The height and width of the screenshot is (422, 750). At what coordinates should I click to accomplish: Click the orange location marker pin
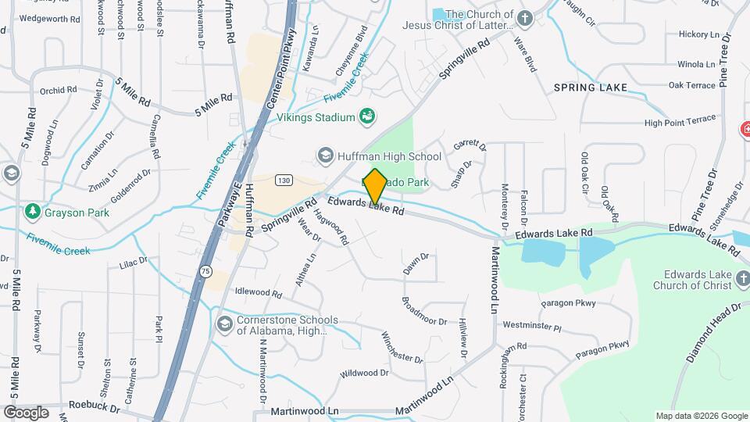pyautogui.click(x=375, y=186)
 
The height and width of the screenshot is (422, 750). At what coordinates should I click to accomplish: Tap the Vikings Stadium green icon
pyautogui.click(x=367, y=117)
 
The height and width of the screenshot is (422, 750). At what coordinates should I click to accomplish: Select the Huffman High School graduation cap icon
pyautogui.click(x=325, y=156)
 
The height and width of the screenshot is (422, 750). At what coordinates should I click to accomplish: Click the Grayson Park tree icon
pyautogui.click(x=32, y=212)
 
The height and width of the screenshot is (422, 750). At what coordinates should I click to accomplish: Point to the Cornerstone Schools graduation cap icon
pyautogui.click(x=224, y=324)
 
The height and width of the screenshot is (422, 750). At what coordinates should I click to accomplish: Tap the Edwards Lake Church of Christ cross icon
pyautogui.click(x=741, y=279)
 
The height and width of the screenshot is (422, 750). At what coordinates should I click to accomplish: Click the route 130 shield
pyautogui.click(x=284, y=181)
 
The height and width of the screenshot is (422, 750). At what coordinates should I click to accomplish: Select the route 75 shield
pyautogui.click(x=205, y=270)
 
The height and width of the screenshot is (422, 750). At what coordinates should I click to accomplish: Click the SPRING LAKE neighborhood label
pyautogui.click(x=591, y=88)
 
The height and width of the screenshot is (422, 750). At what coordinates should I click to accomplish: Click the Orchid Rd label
pyautogui.click(x=58, y=90)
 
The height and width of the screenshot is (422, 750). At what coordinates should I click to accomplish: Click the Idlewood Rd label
pyautogui.click(x=258, y=292)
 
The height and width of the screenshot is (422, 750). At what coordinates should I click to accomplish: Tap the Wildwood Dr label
pyautogui.click(x=364, y=374)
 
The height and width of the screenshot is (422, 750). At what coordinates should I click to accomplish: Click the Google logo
pyautogui.click(x=26, y=412)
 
